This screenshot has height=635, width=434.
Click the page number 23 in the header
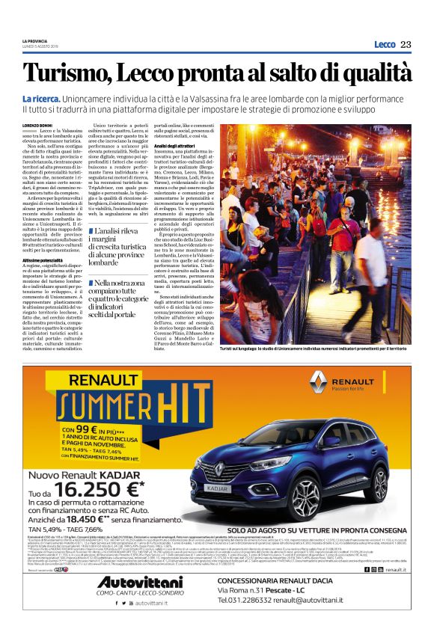click(x=406, y=45)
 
